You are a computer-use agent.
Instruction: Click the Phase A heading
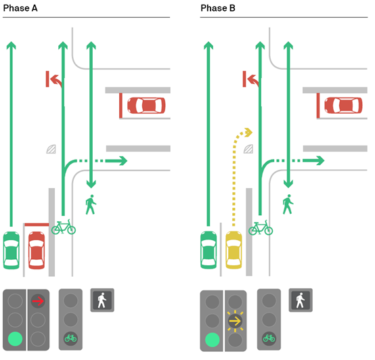coord(20,8)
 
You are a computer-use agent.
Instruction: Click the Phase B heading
coord(218,8)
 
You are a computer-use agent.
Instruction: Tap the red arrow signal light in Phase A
coord(38,301)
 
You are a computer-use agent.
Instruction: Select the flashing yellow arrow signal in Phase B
coord(235,321)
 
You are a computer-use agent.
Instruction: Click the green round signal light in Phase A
coord(16,339)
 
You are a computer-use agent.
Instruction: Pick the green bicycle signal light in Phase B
coord(269,338)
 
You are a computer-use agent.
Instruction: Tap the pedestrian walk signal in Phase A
coord(102,300)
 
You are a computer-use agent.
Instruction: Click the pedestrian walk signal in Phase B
coord(301,300)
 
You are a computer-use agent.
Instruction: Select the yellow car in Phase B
coord(234,250)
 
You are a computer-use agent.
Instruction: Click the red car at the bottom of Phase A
coord(37,250)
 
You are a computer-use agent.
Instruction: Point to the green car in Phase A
coord(12,250)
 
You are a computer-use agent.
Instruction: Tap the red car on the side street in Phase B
coord(343,106)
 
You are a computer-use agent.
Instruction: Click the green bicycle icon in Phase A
coord(64,227)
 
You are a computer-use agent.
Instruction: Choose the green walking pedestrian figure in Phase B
coord(288,204)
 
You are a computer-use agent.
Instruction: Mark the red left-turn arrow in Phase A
coord(54,79)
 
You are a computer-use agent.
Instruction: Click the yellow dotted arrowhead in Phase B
coord(248,132)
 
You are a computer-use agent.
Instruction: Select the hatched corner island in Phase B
coord(248,149)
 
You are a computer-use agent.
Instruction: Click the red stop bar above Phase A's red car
coord(37,225)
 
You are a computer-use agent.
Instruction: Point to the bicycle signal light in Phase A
coord(70,338)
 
